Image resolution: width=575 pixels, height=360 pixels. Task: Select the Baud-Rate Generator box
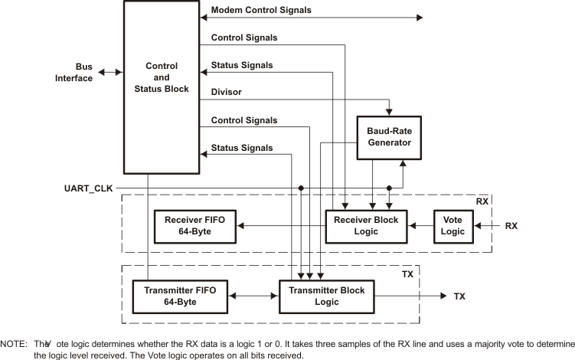point(390,136)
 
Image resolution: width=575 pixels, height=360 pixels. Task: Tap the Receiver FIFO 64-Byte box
point(194,226)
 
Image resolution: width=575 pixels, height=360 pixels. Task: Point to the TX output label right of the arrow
point(459,296)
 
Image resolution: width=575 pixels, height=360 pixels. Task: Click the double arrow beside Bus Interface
point(109,72)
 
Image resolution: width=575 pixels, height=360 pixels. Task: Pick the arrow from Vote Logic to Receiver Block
point(420,226)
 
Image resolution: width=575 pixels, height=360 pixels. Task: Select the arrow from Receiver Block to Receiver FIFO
point(279,226)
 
